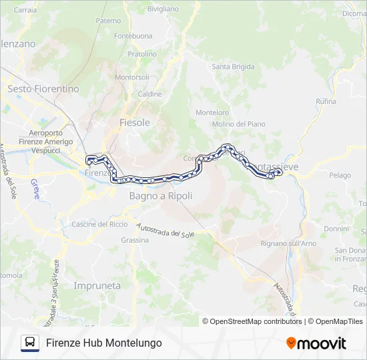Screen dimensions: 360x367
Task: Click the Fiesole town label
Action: tap(134, 123)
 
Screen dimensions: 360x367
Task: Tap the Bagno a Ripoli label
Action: tap(160, 196)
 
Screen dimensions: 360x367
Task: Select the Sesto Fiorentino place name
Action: tap(43, 89)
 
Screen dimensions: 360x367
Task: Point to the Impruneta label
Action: tap(97, 285)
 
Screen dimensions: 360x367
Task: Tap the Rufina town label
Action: tap(326, 101)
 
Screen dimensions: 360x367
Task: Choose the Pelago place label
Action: tap(340, 175)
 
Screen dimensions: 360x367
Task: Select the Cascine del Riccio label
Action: tap(99, 224)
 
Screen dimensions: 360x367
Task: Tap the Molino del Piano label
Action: tap(238, 124)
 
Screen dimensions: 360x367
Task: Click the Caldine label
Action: tap(149, 94)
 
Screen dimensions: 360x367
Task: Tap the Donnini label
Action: tap(336, 229)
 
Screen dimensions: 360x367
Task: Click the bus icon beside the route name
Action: tap(29, 343)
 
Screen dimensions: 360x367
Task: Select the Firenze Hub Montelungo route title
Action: tap(104, 343)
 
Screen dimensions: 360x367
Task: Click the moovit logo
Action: tap(316, 343)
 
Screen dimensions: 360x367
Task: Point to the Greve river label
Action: tap(35, 188)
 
